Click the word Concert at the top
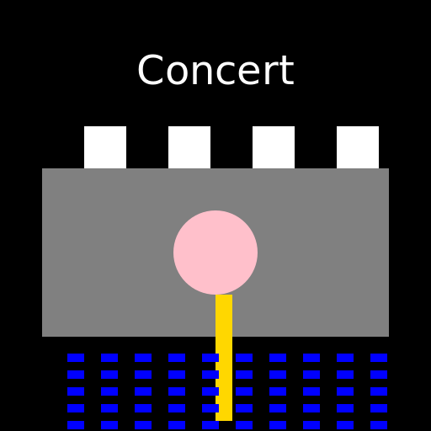click(x=215, y=71)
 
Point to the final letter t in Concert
click(x=287, y=72)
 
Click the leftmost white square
click(x=105, y=147)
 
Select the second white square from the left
click(x=189, y=147)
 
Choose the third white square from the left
click(x=274, y=147)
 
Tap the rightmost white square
click(x=358, y=147)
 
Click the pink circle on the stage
click(x=215, y=253)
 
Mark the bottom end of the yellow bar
click(x=224, y=418)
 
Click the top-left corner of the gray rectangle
click(x=44, y=170)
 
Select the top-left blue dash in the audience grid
click(x=76, y=358)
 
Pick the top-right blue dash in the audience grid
click(x=379, y=358)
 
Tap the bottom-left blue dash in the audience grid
click(x=76, y=425)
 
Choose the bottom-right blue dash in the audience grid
click(x=379, y=425)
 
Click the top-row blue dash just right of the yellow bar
click(x=244, y=358)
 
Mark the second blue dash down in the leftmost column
click(x=76, y=375)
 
